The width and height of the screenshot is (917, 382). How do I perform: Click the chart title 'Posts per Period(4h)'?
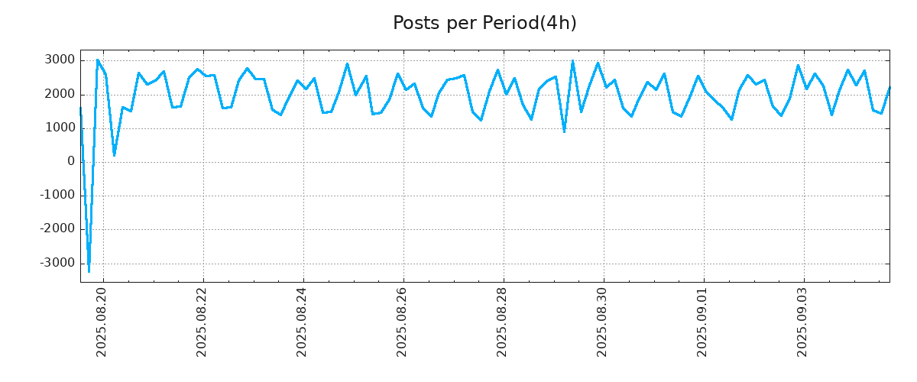click(x=484, y=24)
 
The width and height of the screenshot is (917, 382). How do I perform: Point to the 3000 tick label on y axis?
click(x=60, y=60)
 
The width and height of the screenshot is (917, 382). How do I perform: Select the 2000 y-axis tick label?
click(x=60, y=94)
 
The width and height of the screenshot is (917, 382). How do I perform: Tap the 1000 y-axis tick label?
click(x=60, y=128)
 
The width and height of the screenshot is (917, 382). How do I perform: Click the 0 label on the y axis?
click(x=71, y=162)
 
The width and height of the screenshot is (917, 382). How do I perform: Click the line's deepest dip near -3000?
click(x=89, y=270)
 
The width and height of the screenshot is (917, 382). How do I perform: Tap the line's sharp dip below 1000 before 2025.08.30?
click(x=564, y=131)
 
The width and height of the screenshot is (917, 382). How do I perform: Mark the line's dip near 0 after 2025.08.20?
click(x=114, y=155)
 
